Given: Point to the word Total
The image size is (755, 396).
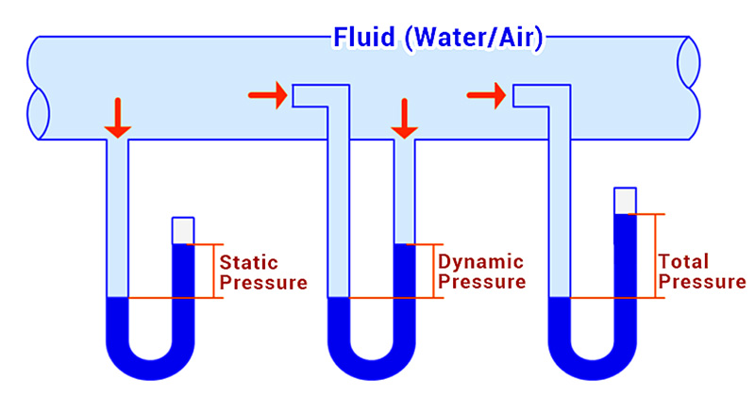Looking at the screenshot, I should [x=683, y=261].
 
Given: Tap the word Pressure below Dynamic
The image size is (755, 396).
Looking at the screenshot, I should [x=482, y=282].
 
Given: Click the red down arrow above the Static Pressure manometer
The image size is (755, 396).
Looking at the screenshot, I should [x=116, y=116].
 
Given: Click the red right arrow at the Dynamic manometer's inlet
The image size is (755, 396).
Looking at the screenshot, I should [x=266, y=95].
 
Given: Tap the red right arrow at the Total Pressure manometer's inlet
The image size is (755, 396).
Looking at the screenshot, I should [x=486, y=94].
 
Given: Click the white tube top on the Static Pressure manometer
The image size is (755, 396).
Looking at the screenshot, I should [x=182, y=230].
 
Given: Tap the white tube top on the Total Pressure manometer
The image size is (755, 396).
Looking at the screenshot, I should [x=625, y=201].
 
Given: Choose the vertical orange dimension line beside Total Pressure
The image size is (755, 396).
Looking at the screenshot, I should [x=655, y=256].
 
